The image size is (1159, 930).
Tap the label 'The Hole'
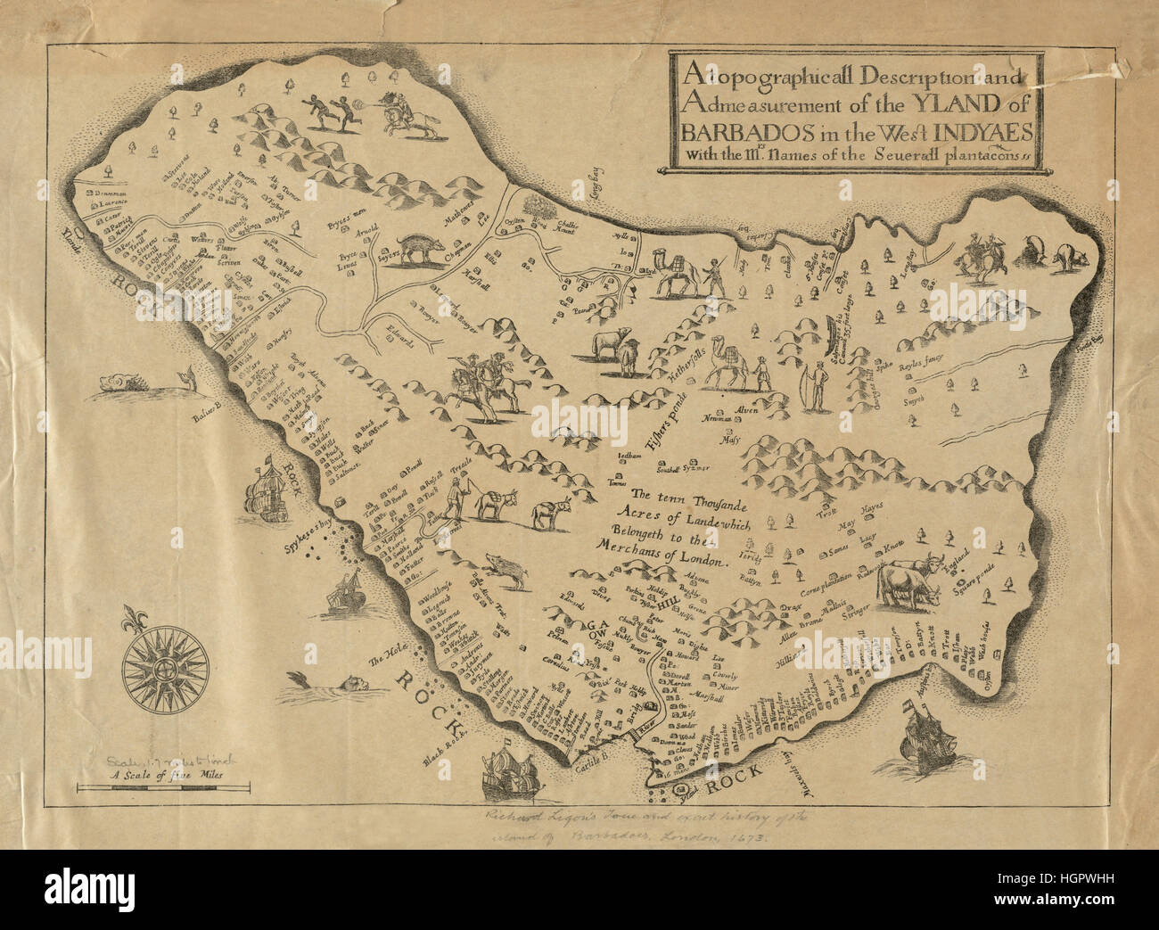pos(386,658)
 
